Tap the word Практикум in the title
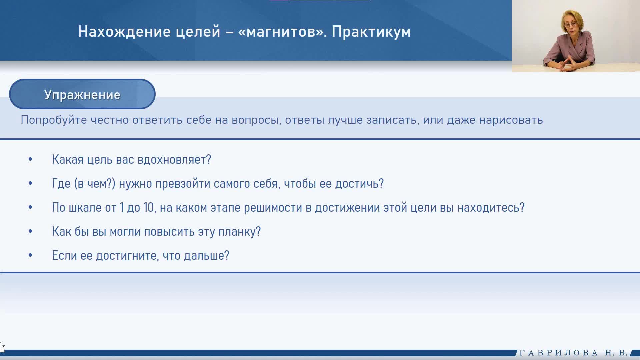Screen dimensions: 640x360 [371, 32]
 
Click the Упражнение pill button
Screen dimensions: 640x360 [82, 94]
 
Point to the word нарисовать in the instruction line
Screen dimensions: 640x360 [511, 120]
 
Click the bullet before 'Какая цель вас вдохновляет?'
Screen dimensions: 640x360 [30, 159]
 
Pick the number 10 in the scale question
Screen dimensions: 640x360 [149, 207]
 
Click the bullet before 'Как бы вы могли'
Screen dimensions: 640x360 [30, 231]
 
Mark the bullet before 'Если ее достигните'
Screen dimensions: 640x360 [30, 255]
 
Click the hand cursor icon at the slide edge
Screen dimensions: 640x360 [2, 347]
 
